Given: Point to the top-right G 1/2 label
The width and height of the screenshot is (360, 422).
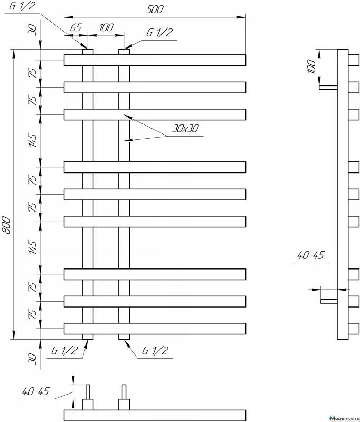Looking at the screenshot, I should click(x=159, y=33).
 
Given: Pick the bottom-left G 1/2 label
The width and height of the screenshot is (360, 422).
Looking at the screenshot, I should click(x=65, y=350).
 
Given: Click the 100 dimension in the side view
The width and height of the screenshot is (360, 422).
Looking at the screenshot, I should click(x=311, y=66).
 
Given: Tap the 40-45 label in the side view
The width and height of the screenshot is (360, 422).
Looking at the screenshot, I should click(x=310, y=255).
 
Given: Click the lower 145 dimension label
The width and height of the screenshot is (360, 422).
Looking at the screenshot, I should click(x=33, y=247).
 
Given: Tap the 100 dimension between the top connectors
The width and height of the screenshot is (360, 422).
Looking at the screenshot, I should click(x=106, y=27).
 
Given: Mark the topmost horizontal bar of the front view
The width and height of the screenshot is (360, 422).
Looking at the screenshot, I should click(x=155, y=60).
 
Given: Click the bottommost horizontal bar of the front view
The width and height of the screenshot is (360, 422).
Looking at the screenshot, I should click(x=155, y=328).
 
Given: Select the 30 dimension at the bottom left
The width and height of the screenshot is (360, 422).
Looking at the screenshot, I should click(x=33, y=359).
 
